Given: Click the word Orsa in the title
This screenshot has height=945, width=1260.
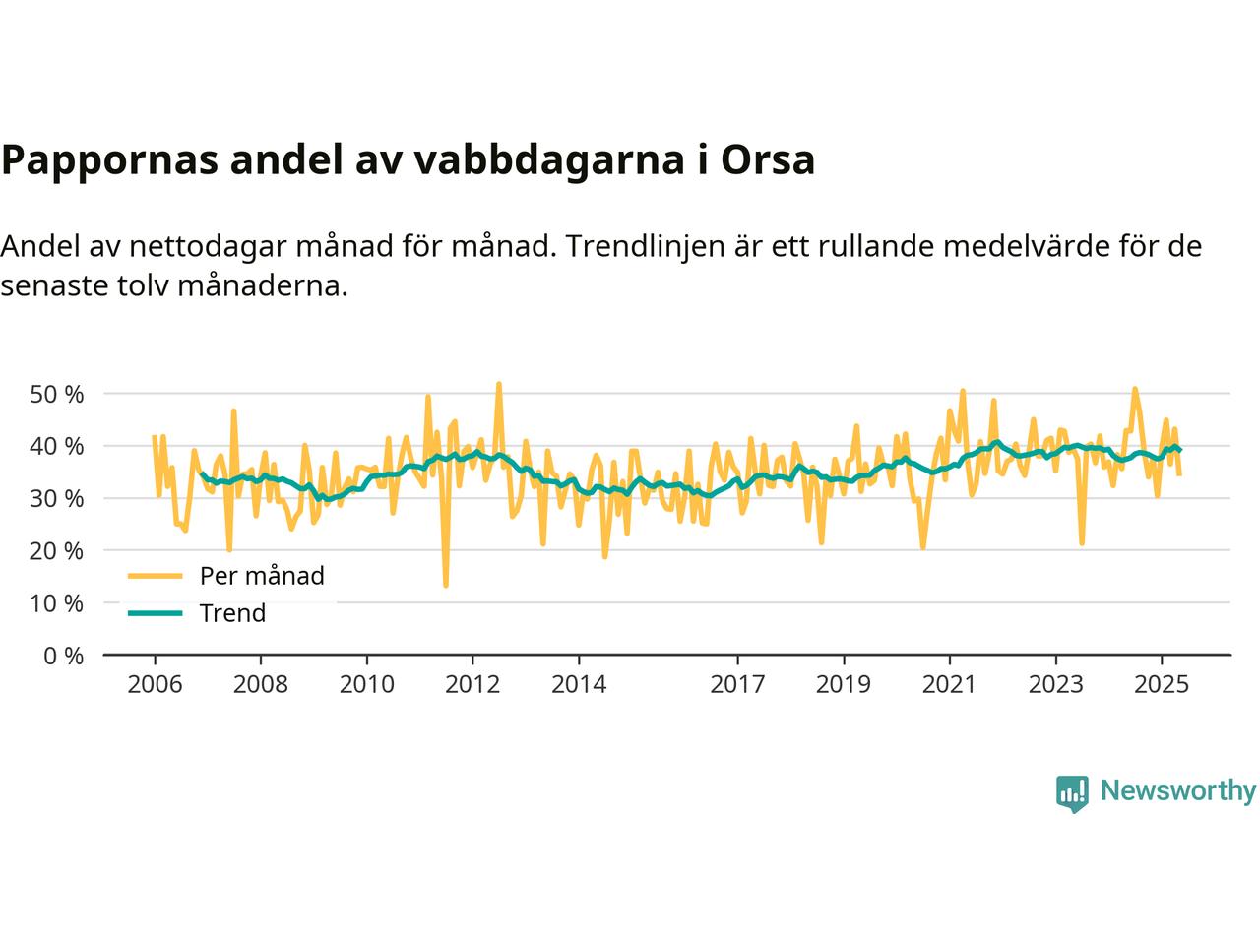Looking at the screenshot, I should [x=768, y=160].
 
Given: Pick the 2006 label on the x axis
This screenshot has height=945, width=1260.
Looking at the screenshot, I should [x=155, y=684].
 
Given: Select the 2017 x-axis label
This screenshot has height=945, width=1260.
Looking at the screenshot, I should [x=737, y=684].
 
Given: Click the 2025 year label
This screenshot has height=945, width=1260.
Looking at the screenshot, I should [x=1162, y=684].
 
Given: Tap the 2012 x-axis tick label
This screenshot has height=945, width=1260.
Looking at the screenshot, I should [x=472, y=684].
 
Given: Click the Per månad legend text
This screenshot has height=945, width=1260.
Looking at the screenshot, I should [x=262, y=576].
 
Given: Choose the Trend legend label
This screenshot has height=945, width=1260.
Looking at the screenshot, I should [x=232, y=613].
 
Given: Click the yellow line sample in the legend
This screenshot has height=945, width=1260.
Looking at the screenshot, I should [x=155, y=576].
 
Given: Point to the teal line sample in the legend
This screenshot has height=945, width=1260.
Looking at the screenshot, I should [x=155, y=613].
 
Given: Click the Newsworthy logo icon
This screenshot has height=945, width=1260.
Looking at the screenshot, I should [x=1072, y=792].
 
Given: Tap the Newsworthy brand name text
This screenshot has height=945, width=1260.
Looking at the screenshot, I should [x=1177, y=791].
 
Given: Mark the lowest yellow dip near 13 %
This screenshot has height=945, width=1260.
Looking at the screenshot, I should [x=445, y=586].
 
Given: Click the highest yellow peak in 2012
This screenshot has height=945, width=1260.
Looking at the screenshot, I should [x=499, y=384].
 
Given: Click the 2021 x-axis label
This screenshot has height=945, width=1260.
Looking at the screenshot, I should [x=949, y=684].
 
